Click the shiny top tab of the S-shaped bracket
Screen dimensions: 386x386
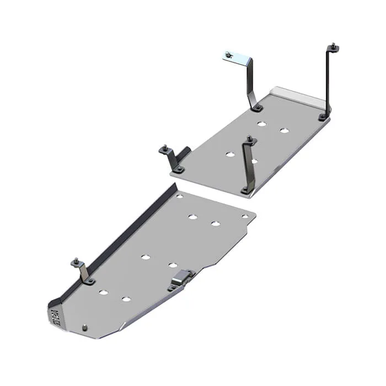[229, 55]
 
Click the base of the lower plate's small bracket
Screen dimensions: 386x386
[88, 281]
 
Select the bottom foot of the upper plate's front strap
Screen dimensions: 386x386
[244, 190]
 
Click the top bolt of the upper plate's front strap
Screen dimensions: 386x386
[250, 138]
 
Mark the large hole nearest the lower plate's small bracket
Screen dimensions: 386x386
[103, 291]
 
